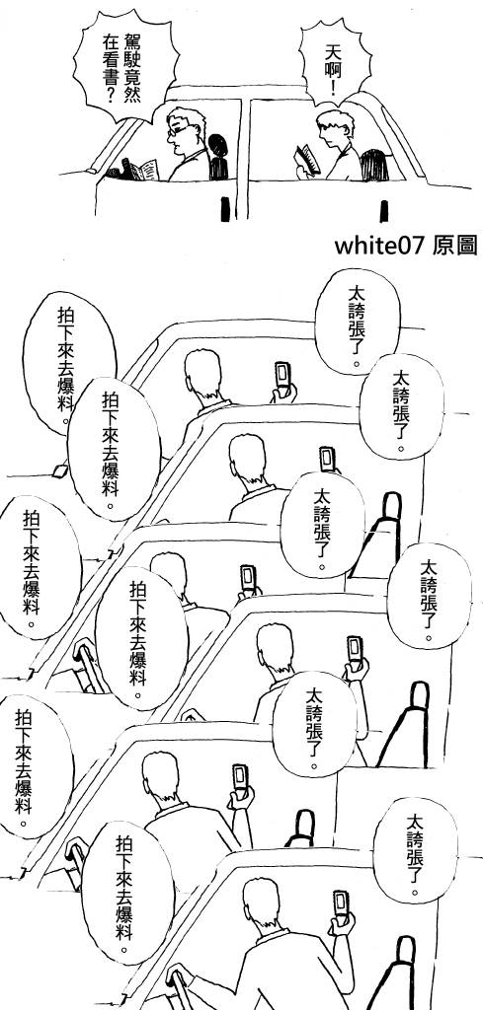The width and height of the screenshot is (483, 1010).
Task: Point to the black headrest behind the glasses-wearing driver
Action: click(x=218, y=156)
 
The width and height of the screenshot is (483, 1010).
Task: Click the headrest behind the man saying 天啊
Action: click(x=373, y=165)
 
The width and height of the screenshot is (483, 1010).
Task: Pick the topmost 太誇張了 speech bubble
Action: click(x=358, y=321)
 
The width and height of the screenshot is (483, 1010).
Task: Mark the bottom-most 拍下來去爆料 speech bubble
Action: click(x=127, y=892)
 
